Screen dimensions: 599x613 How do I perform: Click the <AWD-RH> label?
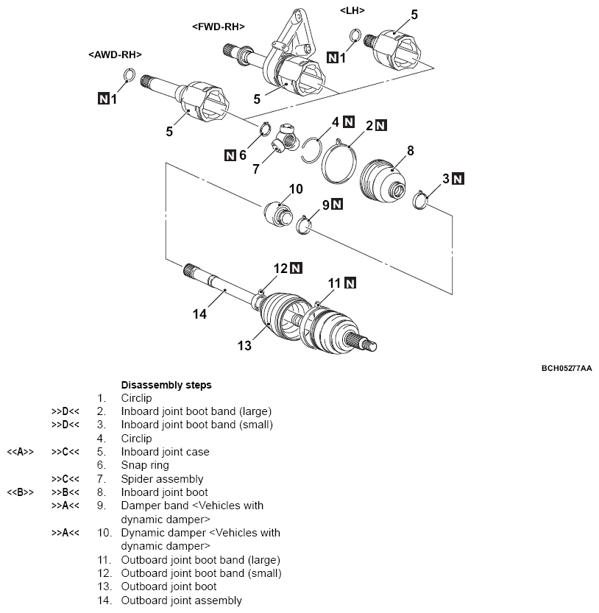(115, 54)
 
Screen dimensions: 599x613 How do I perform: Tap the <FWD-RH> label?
(218, 26)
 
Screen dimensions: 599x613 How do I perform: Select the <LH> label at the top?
(352, 10)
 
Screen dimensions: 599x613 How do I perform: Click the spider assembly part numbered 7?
(285, 140)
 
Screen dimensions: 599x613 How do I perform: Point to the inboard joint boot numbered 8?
(383, 181)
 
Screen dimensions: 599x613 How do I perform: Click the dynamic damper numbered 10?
(278, 213)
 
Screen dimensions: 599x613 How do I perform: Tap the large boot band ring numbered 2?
(339, 162)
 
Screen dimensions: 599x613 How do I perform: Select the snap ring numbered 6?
(266, 129)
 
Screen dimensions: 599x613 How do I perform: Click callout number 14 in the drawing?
(199, 314)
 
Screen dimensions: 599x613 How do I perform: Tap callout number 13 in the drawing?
(244, 346)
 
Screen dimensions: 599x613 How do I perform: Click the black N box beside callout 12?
(297, 268)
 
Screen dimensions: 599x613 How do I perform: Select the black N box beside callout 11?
(350, 283)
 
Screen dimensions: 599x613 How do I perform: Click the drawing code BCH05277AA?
(567, 368)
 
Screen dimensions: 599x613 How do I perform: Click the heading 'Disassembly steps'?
(166, 385)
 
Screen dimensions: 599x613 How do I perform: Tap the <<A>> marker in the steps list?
(21, 452)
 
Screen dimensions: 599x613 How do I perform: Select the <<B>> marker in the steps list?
(21, 492)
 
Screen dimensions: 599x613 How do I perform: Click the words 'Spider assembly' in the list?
(163, 479)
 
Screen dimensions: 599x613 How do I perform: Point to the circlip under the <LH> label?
(355, 35)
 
